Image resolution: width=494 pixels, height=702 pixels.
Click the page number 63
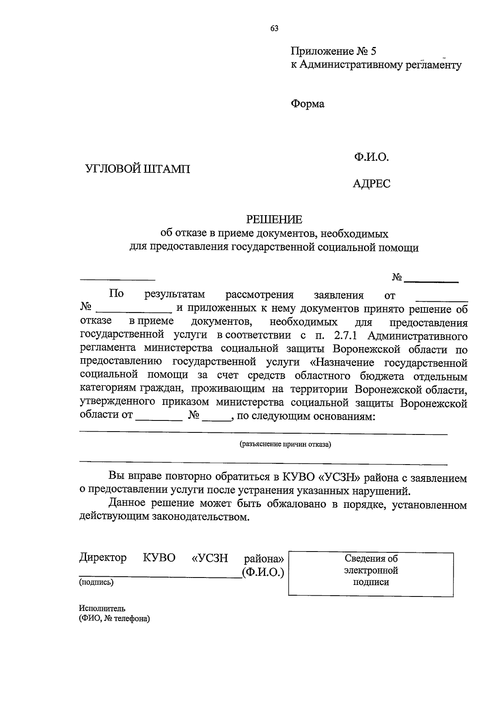[275, 28]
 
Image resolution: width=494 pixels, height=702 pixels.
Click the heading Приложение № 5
[333, 52]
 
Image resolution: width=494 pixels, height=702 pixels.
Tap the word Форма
[308, 104]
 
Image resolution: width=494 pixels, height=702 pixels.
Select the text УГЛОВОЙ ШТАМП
[137, 169]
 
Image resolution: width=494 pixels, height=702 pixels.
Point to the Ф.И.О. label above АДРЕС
[370, 157]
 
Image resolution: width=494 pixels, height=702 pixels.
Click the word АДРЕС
[371, 183]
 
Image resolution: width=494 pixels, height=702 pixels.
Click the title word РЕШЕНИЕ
[274, 219]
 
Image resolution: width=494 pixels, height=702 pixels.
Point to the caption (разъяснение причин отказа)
[285, 444]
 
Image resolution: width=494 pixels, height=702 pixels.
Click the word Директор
[103, 558]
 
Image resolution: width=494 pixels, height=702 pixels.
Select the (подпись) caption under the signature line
[96, 582]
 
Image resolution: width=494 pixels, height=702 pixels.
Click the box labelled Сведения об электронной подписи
[370, 574]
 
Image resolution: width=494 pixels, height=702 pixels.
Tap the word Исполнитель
[102, 608]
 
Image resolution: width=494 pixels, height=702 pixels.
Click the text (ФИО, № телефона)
[114, 619]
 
